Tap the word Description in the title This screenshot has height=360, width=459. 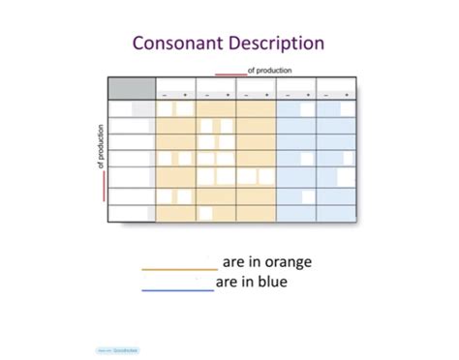click(x=277, y=44)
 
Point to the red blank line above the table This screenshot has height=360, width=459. click(x=230, y=74)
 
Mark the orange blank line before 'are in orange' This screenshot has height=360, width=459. click(x=179, y=269)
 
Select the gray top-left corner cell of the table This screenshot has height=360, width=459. click(x=131, y=88)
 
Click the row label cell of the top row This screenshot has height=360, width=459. click(x=131, y=109)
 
